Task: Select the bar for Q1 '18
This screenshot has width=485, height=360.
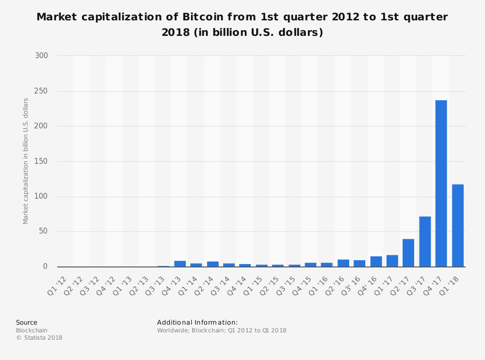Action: click(x=457, y=225)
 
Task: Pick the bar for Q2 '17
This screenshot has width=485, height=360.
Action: click(x=408, y=252)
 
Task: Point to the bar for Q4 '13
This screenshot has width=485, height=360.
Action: click(x=180, y=264)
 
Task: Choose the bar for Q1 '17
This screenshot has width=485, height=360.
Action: click(x=392, y=261)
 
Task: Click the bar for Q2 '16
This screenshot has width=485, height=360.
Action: click(x=343, y=263)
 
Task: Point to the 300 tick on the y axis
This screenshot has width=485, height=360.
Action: click(x=41, y=56)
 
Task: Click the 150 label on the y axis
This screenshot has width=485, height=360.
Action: click(x=41, y=161)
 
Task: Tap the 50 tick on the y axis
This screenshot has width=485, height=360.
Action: click(x=43, y=231)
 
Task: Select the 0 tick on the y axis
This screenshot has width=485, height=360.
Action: click(x=45, y=266)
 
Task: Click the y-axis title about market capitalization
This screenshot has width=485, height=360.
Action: click(x=26, y=161)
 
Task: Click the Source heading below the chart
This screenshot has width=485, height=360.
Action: click(x=27, y=322)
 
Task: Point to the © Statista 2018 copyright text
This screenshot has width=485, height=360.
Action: click(x=39, y=338)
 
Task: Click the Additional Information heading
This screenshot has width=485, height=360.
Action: click(x=197, y=322)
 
